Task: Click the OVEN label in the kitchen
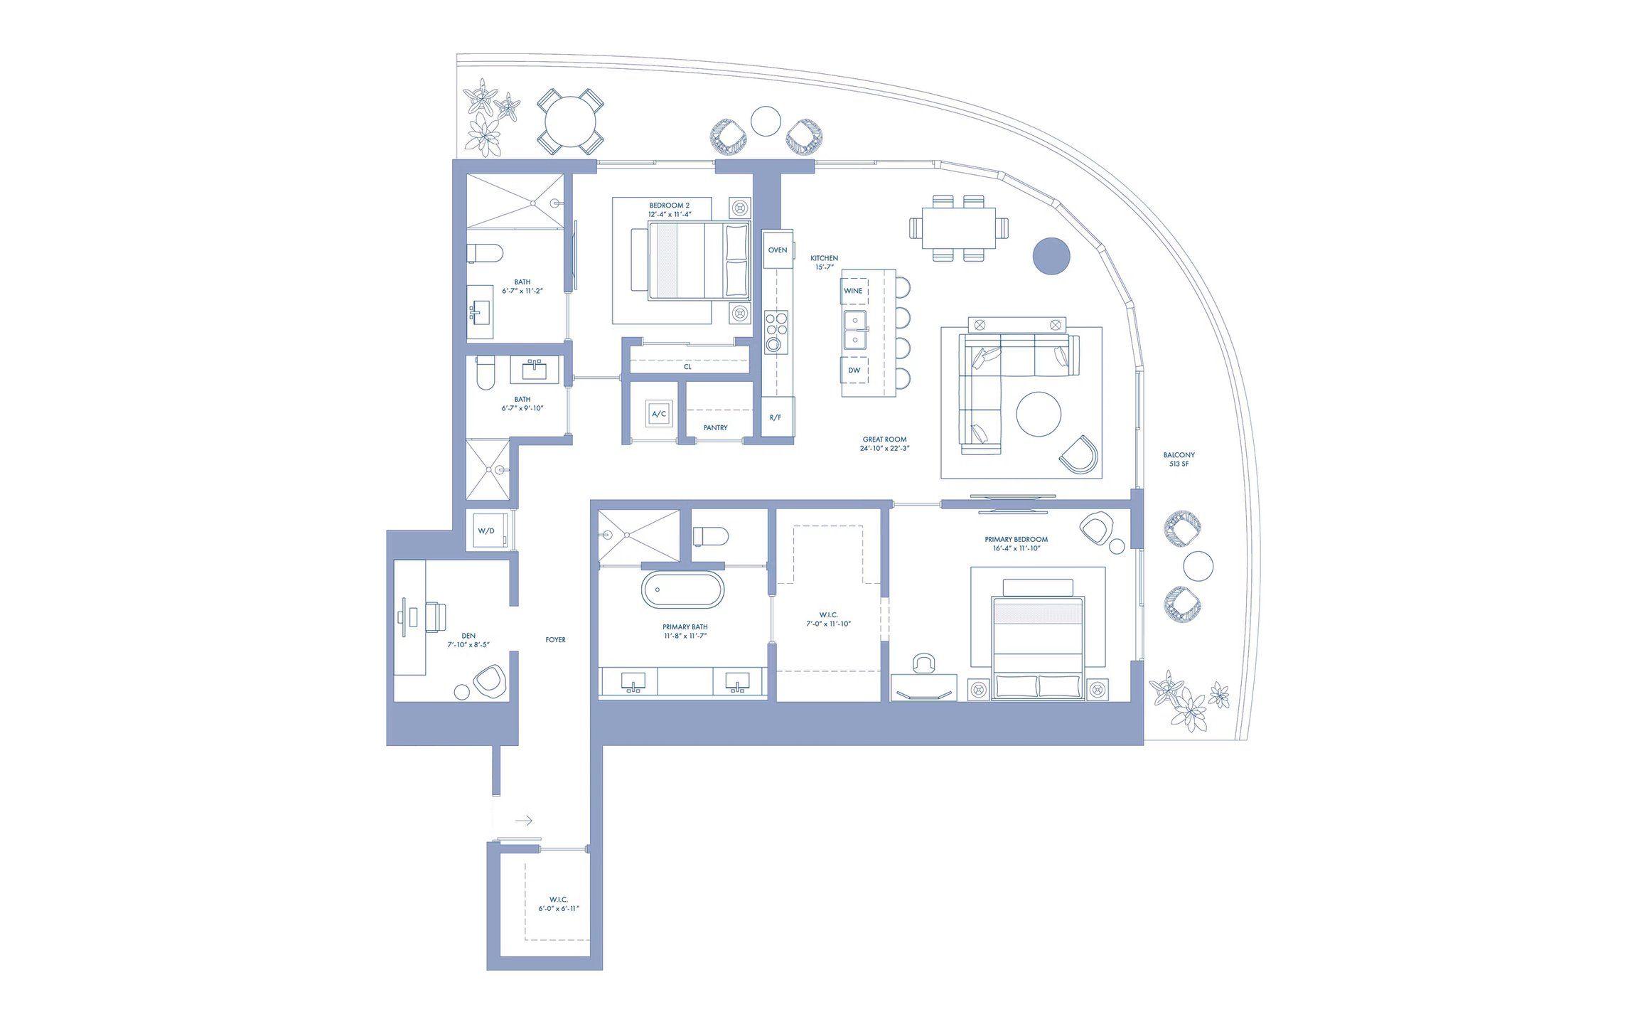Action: (777, 250)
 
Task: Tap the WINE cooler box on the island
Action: (854, 291)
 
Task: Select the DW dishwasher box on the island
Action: (854, 370)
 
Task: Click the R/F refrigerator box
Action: (776, 417)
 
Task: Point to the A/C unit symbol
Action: (659, 414)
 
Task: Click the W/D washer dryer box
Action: (487, 531)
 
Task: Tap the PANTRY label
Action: (715, 428)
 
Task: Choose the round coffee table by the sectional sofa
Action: (1039, 414)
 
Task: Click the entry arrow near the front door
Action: (524, 821)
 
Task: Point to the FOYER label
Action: (555, 640)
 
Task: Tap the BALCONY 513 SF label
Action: (1179, 459)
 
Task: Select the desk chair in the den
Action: (434, 616)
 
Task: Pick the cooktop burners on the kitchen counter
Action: (776, 332)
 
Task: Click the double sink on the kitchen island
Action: (855, 330)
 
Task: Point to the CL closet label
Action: (687, 368)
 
